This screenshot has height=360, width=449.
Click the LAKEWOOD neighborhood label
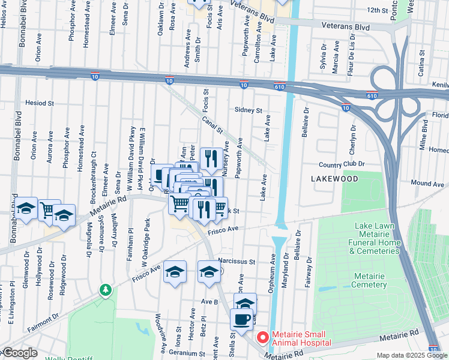click(x=335, y=179)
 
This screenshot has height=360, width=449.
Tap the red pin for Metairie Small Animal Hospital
click(x=262, y=337)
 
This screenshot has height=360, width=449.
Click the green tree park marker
click(x=106, y=290)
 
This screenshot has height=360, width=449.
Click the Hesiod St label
click(x=40, y=103)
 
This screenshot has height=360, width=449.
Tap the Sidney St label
click(x=249, y=110)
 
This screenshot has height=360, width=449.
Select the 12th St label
click(x=378, y=10)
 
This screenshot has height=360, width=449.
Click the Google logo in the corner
click(x=20, y=353)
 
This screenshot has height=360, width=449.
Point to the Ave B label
click(x=209, y=301)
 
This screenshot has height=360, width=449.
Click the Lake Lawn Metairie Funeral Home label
click(x=377, y=238)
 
